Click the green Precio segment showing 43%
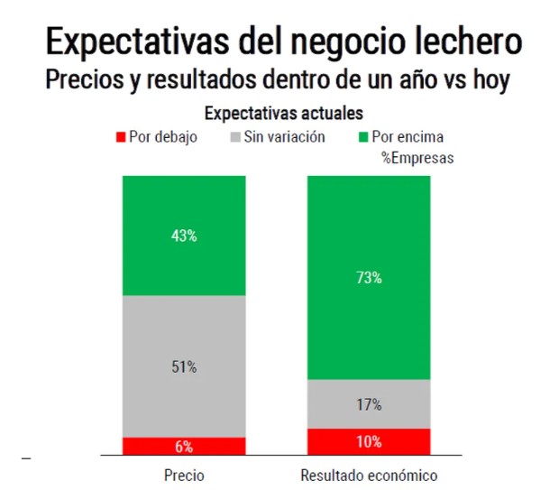point(184,236)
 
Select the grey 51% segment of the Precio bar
point(184,366)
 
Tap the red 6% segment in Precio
point(184,447)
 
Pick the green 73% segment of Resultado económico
point(369,277)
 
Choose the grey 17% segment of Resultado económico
point(369,404)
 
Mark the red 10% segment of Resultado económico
point(369,442)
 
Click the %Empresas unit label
point(417,157)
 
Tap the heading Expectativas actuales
point(284,114)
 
